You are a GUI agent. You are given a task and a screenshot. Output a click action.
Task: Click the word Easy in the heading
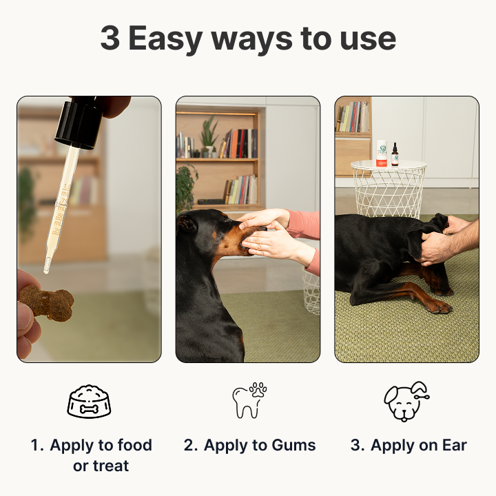(x=165, y=39)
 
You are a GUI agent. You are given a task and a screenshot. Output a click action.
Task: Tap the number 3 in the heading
(x=110, y=38)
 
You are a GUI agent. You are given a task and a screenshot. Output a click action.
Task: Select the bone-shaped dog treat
(x=47, y=303)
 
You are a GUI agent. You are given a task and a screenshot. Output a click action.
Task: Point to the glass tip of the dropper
(x=47, y=266)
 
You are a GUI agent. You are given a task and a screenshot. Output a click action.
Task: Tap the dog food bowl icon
(x=89, y=402)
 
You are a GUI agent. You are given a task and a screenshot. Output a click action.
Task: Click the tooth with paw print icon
(x=249, y=400)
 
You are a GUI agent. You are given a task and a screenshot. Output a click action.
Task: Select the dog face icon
(x=406, y=402)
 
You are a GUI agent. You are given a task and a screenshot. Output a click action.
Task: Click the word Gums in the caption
(x=293, y=445)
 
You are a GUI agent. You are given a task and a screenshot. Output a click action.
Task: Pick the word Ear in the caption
(x=455, y=445)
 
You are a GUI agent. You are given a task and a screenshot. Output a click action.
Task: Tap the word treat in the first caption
(x=111, y=466)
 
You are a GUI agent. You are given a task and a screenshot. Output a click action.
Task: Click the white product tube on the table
(x=382, y=154)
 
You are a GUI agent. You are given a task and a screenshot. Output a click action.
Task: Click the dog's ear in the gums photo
(x=187, y=223)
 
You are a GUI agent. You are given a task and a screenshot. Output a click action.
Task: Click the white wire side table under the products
(x=389, y=189)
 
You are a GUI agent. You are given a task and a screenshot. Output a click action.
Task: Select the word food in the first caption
(x=135, y=445)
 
